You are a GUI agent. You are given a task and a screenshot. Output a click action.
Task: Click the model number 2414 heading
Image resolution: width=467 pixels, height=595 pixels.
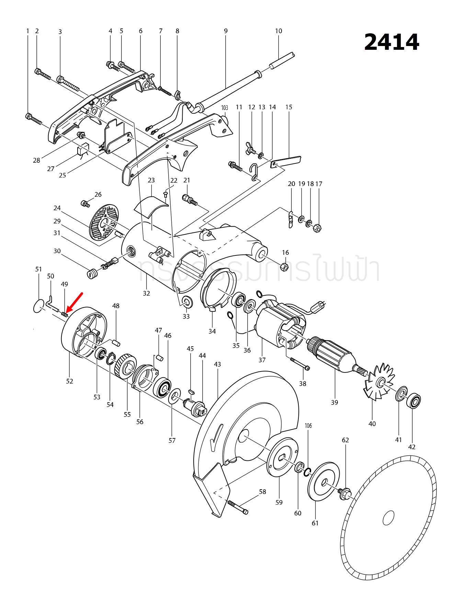coord(391,42)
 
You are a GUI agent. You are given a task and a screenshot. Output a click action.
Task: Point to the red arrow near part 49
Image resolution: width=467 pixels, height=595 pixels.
coord(75,302)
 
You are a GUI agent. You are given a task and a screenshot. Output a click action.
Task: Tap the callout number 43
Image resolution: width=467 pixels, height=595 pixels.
coord(217,364)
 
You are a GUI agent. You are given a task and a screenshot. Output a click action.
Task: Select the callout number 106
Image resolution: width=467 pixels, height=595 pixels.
coord(308,426)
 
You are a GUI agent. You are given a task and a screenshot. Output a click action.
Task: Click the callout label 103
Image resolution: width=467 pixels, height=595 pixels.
coord(225,108)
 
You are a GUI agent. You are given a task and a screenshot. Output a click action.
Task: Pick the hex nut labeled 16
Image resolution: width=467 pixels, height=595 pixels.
coord(284,266)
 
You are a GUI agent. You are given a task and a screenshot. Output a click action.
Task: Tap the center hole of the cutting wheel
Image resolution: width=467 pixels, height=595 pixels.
coord(388,518)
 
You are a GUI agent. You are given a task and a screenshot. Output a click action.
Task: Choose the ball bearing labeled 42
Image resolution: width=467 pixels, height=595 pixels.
coord(413,401)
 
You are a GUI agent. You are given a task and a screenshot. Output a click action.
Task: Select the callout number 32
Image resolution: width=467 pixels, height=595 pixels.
coord(147,293)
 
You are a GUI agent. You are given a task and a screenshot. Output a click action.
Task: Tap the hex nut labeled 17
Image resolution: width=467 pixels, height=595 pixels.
coord(318,228)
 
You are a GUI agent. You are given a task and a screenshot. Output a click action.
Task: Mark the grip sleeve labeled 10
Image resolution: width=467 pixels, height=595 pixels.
coord(282,60)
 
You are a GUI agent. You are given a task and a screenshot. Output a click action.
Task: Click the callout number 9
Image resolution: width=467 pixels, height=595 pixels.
coord(226,31)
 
